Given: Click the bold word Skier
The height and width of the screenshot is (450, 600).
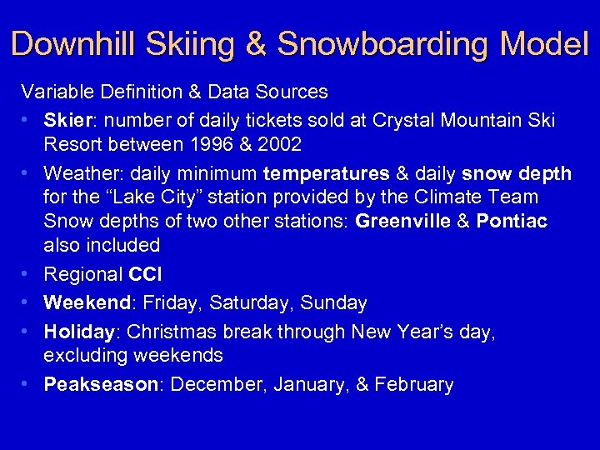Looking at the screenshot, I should [69, 120].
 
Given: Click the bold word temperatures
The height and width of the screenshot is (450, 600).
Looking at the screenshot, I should [326, 173].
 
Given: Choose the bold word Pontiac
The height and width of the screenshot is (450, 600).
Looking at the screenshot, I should [514, 221].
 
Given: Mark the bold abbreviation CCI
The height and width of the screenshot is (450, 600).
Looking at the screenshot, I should [146, 274].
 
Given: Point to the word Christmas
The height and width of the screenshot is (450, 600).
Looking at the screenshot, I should [167, 332].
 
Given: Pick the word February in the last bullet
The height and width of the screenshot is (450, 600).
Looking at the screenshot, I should [414, 384].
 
